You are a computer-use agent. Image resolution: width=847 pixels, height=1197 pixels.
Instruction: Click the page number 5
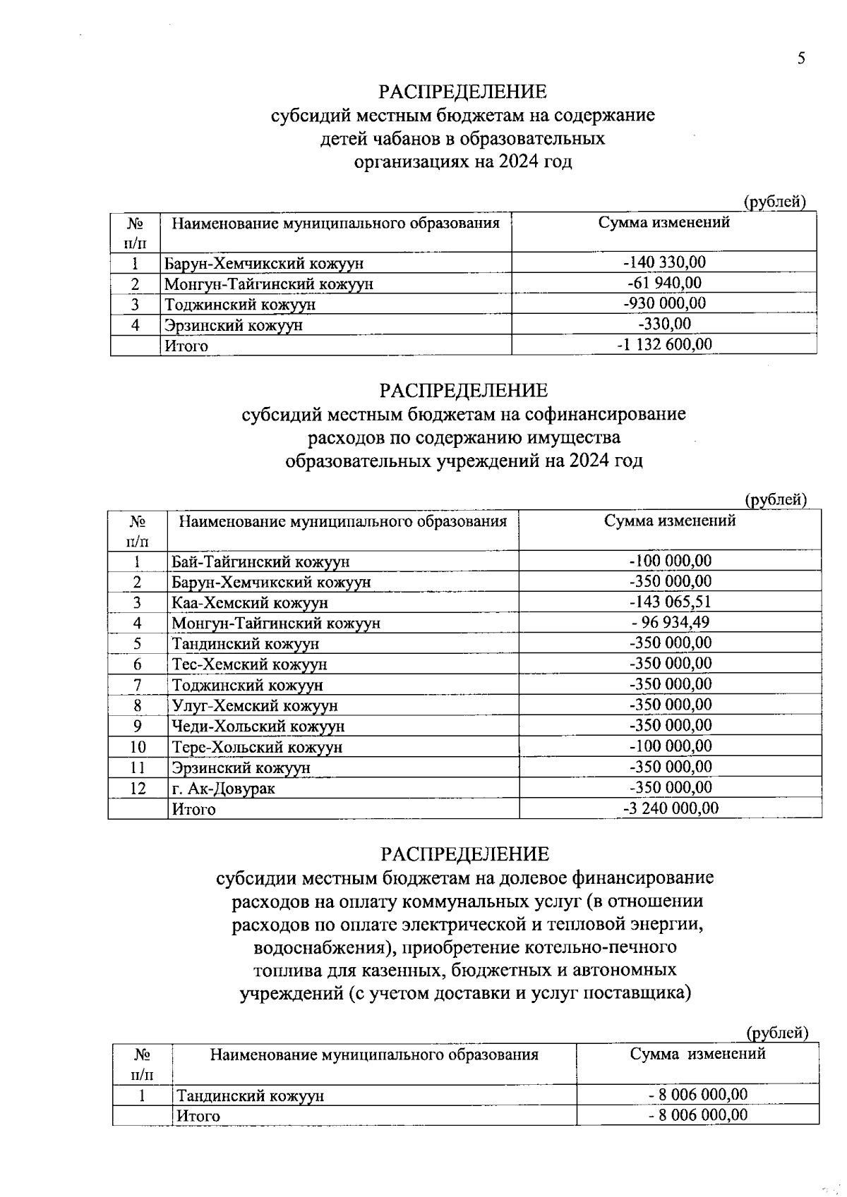800,59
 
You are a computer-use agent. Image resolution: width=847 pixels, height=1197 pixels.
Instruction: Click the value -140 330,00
664,262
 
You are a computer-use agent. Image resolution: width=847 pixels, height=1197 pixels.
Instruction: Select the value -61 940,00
664,283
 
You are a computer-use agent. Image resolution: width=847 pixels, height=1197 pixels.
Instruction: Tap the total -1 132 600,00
664,344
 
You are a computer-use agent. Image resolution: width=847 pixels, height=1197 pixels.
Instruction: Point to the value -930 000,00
664,303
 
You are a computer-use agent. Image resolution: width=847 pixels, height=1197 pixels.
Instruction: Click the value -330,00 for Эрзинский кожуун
664,324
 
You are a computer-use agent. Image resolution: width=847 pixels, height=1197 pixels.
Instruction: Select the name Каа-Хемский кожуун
250,603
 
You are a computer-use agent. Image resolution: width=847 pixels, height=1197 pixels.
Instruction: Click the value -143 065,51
670,602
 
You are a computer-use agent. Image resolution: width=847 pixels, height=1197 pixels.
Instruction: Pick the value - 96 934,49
670,622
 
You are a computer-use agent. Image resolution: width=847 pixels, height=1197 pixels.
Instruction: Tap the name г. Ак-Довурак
223,789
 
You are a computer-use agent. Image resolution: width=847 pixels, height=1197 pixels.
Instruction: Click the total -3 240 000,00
670,808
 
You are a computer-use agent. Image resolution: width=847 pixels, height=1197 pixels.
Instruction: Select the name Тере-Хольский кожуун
257,747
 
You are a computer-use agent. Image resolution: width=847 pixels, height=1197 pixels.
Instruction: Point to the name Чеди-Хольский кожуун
258,727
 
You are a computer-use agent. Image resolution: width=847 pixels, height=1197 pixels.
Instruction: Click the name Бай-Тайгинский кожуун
260,562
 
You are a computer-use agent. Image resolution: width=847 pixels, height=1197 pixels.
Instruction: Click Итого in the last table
198,1116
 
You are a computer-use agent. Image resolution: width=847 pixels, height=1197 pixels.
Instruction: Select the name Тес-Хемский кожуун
249,664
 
